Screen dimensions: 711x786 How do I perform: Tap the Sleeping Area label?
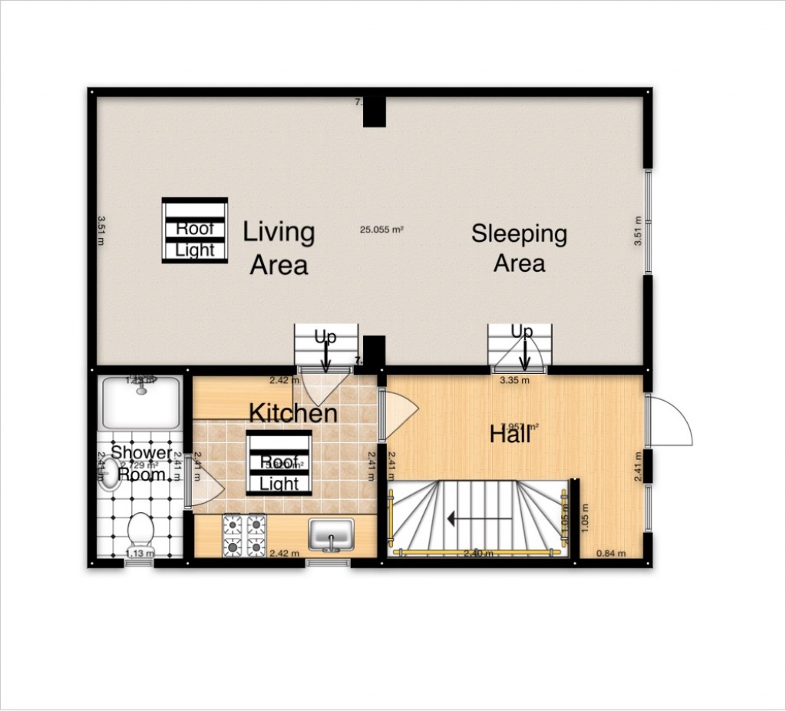pyautogui.click(x=519, y=248)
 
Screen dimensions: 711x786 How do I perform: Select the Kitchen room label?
pyautogui.click(x=292, y=413)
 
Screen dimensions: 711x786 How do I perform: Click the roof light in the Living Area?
pyautogui.click(x=195, y=230)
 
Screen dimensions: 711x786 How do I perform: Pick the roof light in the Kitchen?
pyautogui.click(x=279, y=463)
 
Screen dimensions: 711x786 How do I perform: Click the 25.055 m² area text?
pyautogui.click(x=382, y=229)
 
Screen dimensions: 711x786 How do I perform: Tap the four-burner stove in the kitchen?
pyautogui.click(x=244, y=535)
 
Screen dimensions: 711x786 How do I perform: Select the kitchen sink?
pyautogui.click(x=331, y=534)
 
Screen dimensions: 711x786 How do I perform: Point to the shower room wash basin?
pyautogui.click(x=110, y=473)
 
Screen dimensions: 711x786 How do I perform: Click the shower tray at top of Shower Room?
pyautogui.click(x=140, y=403)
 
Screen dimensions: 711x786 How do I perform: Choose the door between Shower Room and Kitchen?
pyautogui.click(x=203, y=488)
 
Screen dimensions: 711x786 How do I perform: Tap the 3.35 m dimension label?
pyautogui.click(x=514, y=379)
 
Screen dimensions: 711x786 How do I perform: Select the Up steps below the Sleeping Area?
pyautogui.click(x=520, y=347)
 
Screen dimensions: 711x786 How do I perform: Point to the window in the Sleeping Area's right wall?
pyautogui.click(x=649, y=222)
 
